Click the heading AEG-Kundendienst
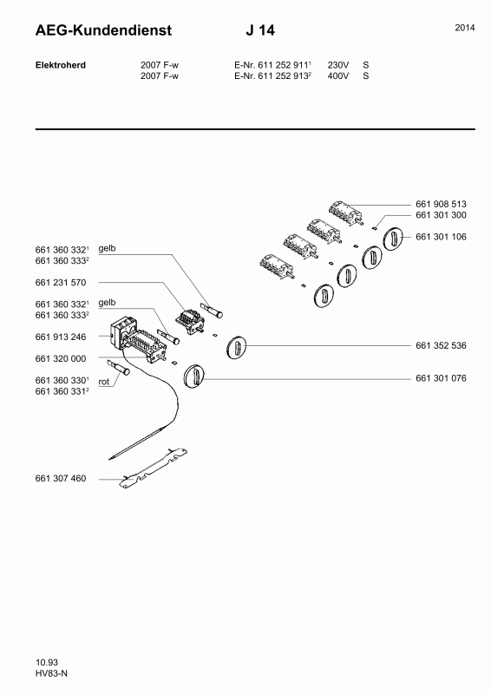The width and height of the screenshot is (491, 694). point(103,30)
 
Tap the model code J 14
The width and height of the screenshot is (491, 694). point(260,30)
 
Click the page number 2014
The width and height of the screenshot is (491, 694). point(465,28)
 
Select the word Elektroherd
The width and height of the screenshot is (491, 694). point(61,65)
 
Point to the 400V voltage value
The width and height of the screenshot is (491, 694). point(337,75)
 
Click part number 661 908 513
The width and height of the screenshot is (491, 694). point(441,204)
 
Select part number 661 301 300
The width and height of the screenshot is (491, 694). point(441,215)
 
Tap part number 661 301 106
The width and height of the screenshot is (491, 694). point(441,237)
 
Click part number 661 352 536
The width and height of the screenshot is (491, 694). point(441,345)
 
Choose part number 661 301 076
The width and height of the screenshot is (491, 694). point(441,378)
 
